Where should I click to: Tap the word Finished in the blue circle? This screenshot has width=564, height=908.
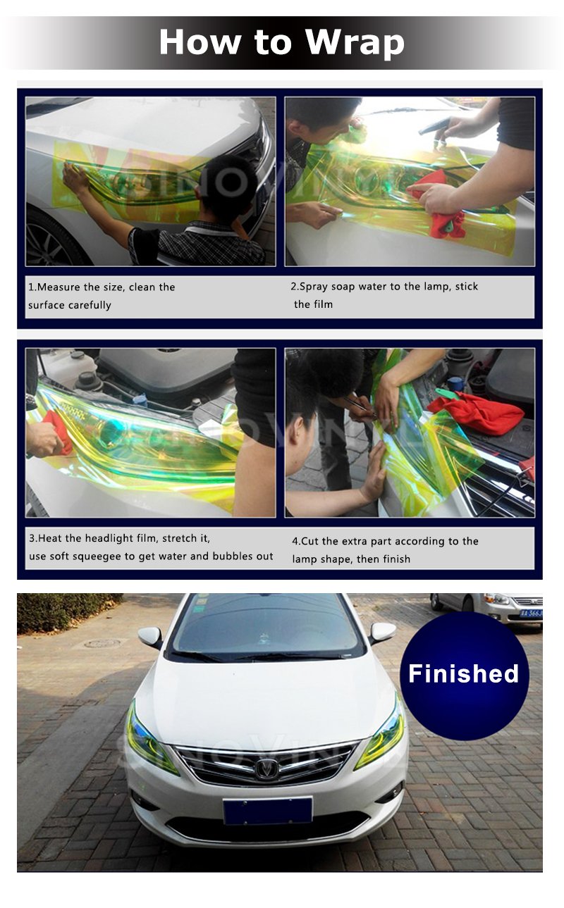pyautogui.click(x=463, y=673)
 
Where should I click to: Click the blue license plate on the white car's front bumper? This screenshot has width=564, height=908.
pyautogui.click(x=267, y=810)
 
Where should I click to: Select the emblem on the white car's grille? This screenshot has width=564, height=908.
pyautogui.click(x=266, y=769)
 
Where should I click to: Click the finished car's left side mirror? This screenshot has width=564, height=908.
pyautogui.click(x=150, y=637)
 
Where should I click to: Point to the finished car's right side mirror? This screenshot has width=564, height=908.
pyautogui.click(x=382, y=632)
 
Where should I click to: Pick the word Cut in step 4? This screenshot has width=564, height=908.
pyautogui.click(x=312, y=541)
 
